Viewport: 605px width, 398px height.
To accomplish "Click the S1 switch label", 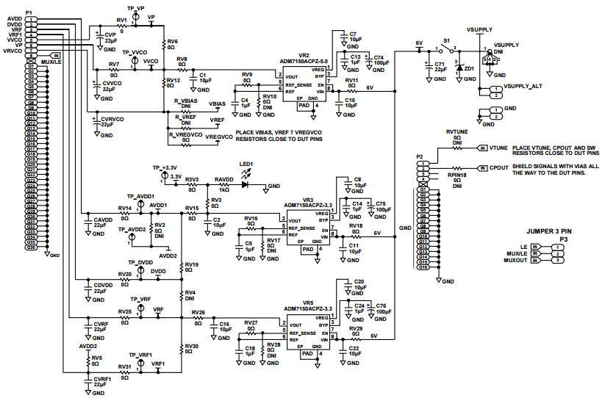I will coord(446,42).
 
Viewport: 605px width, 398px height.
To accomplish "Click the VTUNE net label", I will coord(499,148).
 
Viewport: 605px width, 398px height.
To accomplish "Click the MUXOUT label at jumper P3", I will coord(515,260).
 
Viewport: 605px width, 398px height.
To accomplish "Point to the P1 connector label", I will coord(29,12).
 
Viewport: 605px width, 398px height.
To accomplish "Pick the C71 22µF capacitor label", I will coord(439,67).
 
